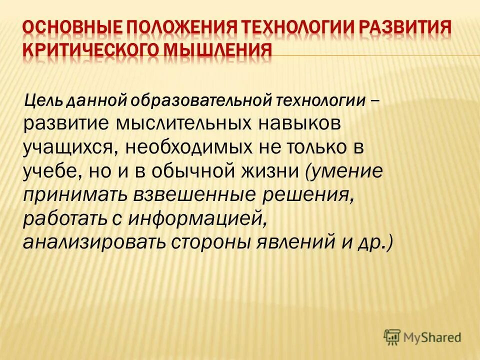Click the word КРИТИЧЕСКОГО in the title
pos(90,52)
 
